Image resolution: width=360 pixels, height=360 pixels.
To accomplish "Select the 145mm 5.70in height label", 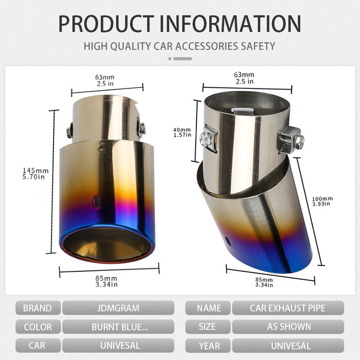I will tap(36, 173).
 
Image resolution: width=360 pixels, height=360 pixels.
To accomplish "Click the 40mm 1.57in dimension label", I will tap(182, 132).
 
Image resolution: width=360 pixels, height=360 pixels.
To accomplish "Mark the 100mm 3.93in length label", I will tap(322, 201).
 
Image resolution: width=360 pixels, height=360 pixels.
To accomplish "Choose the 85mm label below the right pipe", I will tap(264, 282).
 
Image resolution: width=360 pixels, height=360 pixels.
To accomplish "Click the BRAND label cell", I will tap(37, 308).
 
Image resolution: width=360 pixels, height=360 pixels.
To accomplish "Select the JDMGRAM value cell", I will tap(118, 308).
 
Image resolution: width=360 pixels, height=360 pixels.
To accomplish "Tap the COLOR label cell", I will tap(37, 327).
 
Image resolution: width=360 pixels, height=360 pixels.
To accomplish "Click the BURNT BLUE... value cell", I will tap(118, 327).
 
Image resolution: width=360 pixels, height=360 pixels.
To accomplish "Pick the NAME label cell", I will tap(209, 308).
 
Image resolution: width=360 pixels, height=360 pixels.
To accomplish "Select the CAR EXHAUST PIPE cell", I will tap(288, 308).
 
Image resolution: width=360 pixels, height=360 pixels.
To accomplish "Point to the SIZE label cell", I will tap(209, 327).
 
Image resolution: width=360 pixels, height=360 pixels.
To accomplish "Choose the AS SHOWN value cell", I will tap(288, 327).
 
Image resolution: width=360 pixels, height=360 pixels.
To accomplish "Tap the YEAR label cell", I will tap(209, 346).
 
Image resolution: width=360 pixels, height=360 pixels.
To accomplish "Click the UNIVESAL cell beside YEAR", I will tap(288, 346).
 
